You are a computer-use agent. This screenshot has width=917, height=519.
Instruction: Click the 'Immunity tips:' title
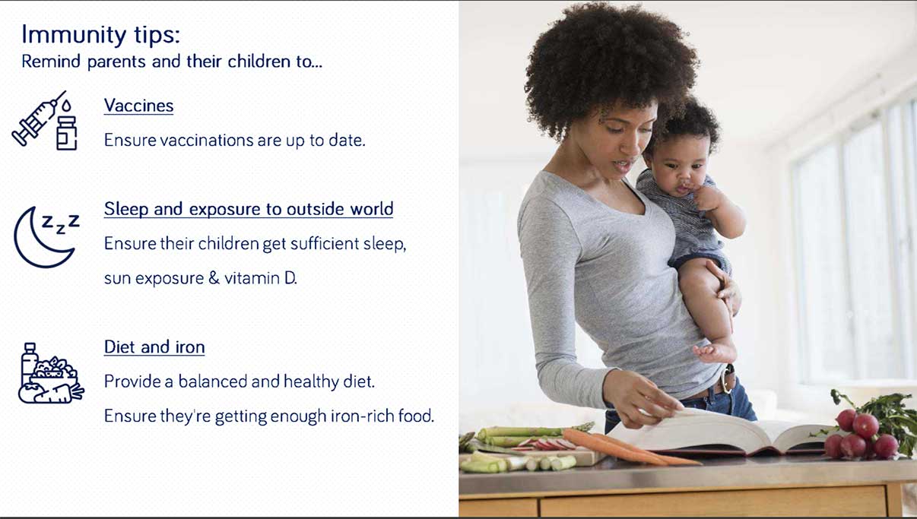pyautogui.click(x=100, y=35)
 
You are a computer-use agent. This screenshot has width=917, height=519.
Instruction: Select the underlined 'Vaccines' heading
pyautogui.click(x=139, y=106)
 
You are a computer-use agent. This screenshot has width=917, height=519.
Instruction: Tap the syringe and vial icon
pyautogui.click(x=45, y=121)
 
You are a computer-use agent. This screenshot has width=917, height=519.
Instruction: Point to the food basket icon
pyautogui.click(x=51, y=373)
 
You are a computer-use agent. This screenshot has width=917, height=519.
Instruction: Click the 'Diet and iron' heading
pyautogui.click(x=154, y=347)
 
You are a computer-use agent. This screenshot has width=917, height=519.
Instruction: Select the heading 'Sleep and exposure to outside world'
pyautogui.click(x=249, y=209)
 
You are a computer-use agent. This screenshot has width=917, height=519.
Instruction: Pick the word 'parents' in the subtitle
pyautogui.click(x=116, y=62)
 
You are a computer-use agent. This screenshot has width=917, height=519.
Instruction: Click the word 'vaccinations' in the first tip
pyautogui.click(x=207, y=141)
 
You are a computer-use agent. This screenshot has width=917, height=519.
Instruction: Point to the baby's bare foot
pyautogui.click(x=714, y=352)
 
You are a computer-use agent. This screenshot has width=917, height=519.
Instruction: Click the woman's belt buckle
pyautogui.click(x=728, y=379)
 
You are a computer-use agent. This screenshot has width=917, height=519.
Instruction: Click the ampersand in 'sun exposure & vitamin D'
pyautogui.click(x=214, y=278)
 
